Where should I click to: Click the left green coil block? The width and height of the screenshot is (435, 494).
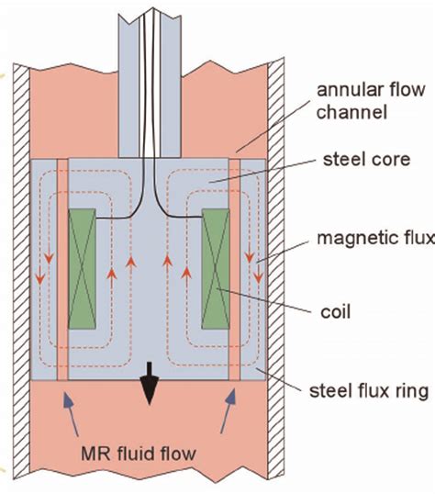click(82, 269)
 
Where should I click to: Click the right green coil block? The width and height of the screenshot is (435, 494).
click(216, 269)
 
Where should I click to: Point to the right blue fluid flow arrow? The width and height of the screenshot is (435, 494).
click(228, 411)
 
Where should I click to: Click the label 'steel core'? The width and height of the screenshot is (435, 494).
click(367, 160)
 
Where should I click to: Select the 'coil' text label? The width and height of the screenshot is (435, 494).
click(335, 312)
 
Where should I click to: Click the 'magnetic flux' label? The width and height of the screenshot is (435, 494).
click(375, 238)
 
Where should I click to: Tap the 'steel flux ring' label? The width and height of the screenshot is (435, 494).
click(369, 390)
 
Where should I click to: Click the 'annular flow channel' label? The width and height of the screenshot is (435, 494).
click(371, 101)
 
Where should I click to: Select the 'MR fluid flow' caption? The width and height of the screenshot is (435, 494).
click(139, 454)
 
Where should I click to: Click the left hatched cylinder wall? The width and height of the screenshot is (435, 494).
click(21, 271)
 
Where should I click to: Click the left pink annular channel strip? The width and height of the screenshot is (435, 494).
click(62, 269)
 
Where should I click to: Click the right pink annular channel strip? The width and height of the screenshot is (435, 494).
click(234, 269)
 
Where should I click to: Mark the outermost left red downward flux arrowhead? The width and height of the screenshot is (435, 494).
click(39, 278)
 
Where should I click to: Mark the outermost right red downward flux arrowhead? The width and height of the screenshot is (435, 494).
click(258, 277)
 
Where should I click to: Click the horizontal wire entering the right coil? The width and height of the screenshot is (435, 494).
click(184, 216)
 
